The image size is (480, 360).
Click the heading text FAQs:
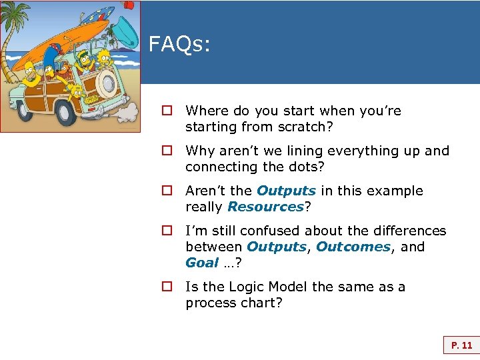pyautogui.click(x=179, y=45)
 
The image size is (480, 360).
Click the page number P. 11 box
pyautogui.click(x=461, y=345)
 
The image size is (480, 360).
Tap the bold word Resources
pyautogui.click(x=265, y=207)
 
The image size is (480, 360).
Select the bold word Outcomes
pyautogui.click(x=353, y=247)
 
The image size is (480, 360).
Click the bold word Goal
pyautogui.click(x=202, y=263)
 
